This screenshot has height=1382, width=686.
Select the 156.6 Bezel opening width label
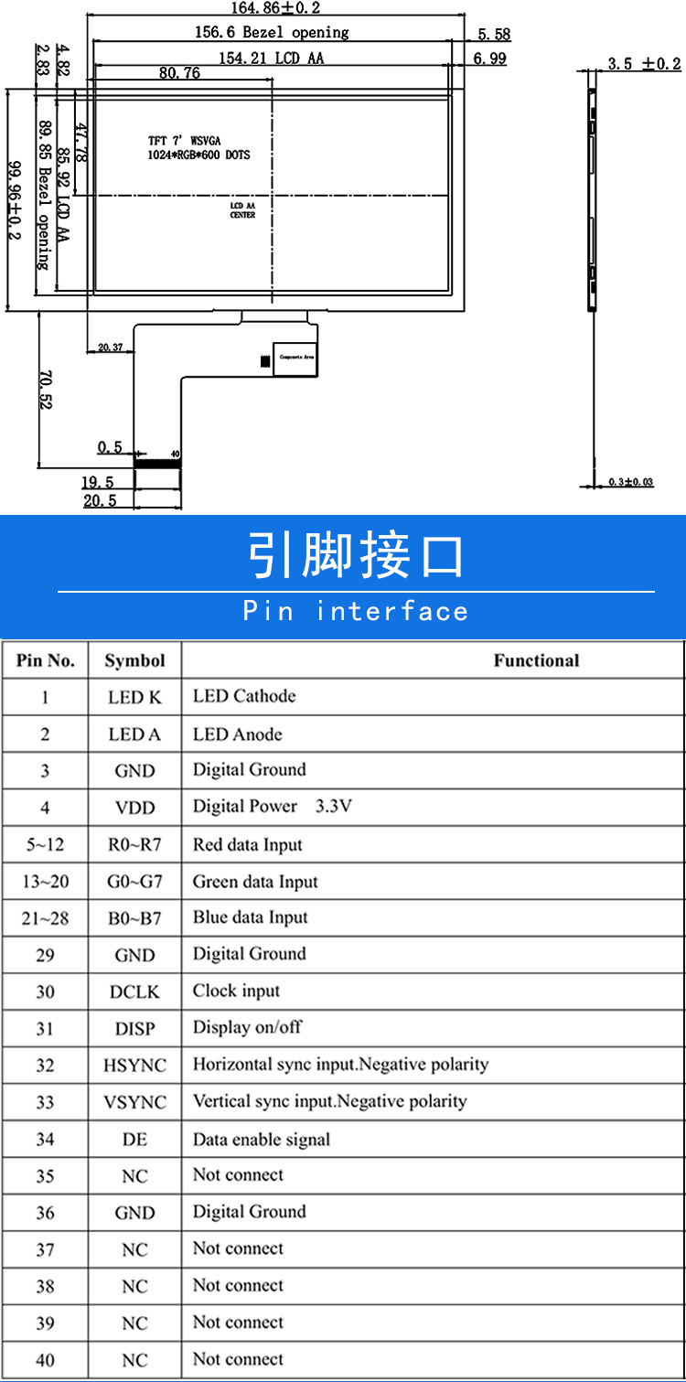272,33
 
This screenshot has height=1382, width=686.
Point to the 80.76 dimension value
179,74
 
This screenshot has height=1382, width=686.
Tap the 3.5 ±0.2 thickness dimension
644,63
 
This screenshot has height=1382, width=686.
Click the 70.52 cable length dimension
45,389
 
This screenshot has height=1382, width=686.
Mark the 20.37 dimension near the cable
110,347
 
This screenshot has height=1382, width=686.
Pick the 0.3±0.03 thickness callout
631,482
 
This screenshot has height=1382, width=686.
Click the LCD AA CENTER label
242,210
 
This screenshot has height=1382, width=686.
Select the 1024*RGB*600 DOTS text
198,155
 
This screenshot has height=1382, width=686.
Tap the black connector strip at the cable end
157,464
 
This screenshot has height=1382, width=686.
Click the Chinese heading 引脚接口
356,556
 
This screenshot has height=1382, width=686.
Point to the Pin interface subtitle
356,611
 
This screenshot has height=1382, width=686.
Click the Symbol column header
134,660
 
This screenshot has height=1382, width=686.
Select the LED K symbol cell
134,697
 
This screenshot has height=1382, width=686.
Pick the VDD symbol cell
134,808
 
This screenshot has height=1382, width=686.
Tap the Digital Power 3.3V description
272,807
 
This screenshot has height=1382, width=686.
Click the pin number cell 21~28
45,918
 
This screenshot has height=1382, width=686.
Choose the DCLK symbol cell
134,991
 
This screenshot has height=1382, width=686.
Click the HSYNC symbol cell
134,1066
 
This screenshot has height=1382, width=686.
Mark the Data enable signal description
261,1140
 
